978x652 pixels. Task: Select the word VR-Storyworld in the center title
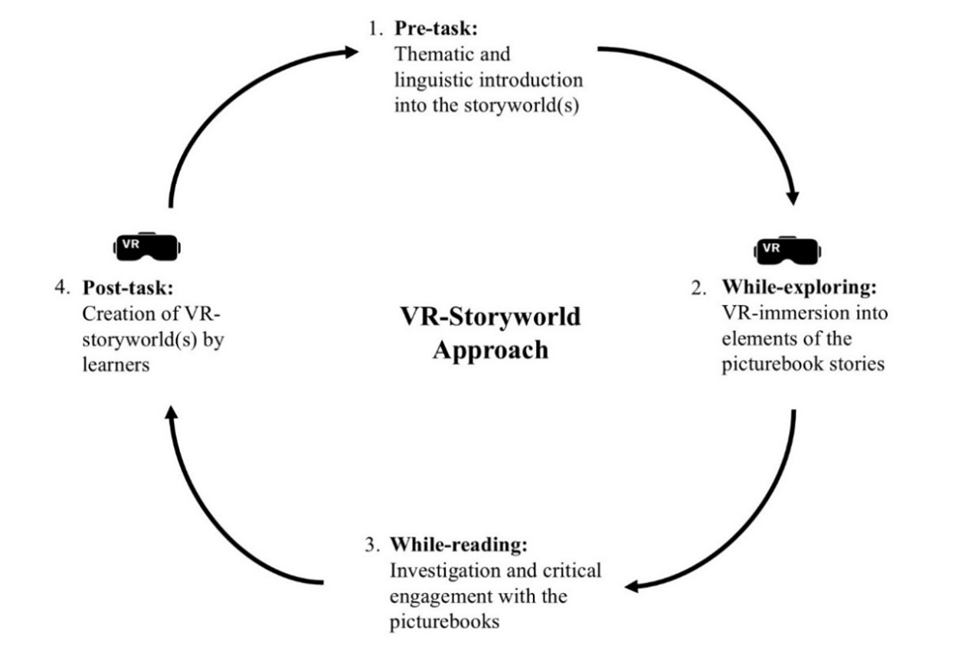tap(491, 316)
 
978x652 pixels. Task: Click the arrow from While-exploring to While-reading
tap(747, 529)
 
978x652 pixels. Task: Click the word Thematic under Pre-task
tap(431, 55)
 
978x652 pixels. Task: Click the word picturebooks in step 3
tap(445, 620)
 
